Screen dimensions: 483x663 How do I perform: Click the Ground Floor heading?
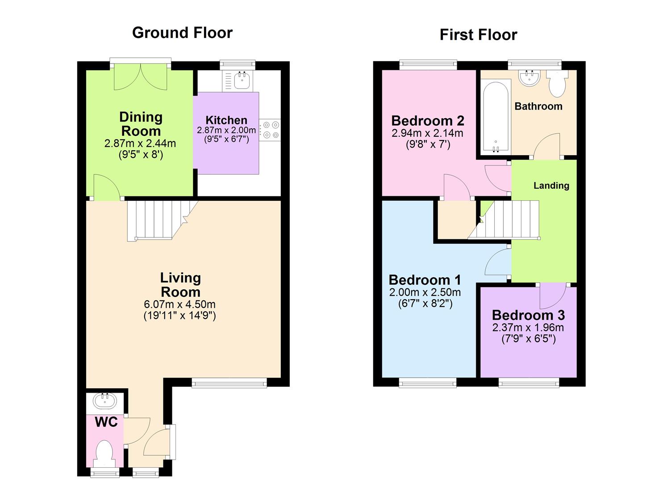[x=182, y=33]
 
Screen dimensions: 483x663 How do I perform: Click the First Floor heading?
[x=478, y=34]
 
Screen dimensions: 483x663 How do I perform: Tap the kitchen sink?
[x=242, y=80]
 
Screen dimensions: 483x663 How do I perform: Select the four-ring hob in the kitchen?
[x=270, y=130]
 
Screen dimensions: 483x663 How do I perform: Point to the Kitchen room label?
[x=226, y=120]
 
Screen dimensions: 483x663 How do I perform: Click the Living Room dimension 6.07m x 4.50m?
[x=179, y=305]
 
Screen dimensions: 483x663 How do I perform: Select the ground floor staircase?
[x=156, y=220]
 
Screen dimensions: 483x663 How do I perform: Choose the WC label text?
[x=106, y=422]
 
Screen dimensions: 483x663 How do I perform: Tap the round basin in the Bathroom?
[x=530, y=78]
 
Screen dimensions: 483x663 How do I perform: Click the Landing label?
[x=551, y=186]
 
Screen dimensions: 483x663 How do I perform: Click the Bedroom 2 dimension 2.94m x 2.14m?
[x=427, y=133]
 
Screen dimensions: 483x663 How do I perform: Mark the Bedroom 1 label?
[x=425, y=280]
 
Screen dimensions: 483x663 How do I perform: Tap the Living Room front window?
[x=229, y=382]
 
